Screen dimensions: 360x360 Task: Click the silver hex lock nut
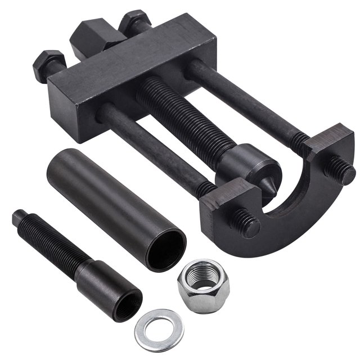tap(203, 285)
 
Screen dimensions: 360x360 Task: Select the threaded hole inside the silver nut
tap(203, 276)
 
